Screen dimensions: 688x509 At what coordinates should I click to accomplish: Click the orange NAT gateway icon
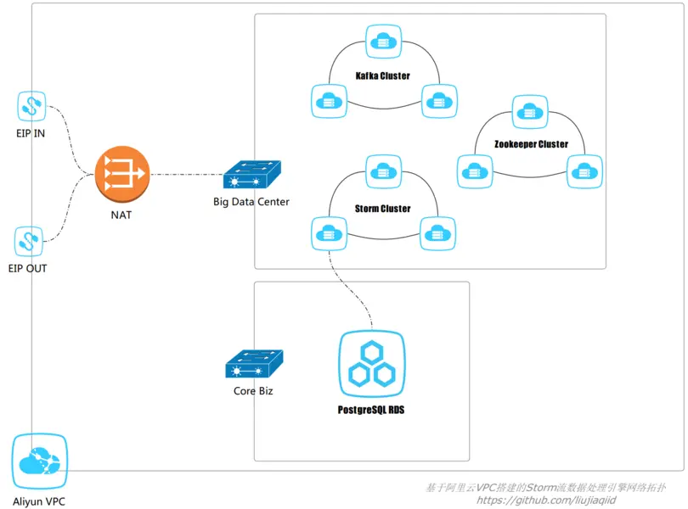pyautogui.click(x=122, y=174)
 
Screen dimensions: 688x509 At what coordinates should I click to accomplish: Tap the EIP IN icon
pyautogui.click(x=31, y=106)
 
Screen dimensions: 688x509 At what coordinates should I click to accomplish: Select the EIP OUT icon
pyautogui.click(x=29, y=241)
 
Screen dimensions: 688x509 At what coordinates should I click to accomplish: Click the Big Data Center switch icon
pyautogui.click(x=252, y=174)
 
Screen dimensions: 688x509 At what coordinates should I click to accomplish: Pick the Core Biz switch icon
pyautogui.click(x=254, y=363)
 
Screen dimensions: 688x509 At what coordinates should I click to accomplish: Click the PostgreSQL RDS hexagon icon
pyautogui.click(x=372, y=364)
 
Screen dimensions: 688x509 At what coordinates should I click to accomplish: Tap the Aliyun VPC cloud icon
pyautogui.click(x=39, y=461)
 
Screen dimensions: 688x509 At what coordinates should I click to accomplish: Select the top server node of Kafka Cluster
pyautogui.click(x=383, y=42)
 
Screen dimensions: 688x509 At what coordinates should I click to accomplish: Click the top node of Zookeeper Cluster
pyautogui.click(x=530, y=112)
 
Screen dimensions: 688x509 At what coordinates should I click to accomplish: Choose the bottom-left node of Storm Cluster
pyautogui.click(x=329, y=233)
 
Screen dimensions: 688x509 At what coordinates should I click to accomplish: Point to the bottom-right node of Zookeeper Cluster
pyautogui.click(x=584, y=171)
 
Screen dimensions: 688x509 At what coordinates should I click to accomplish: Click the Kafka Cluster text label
pyautogui.click(x=382, y=76)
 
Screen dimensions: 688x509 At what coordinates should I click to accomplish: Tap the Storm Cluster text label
pyautogui.click(x=382, y=209)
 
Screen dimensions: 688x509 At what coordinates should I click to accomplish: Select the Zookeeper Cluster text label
pyautogui.click(x=531, y=144)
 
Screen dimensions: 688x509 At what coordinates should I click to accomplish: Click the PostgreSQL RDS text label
pyautogui.click(x=371, y=410)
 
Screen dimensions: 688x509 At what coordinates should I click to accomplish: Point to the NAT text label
pyautogui.click(x=121, y=215)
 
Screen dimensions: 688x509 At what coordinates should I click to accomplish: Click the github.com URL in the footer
pyautogui.click(x=546, y=501)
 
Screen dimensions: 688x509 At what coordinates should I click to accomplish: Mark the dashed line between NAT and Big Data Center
pyautogui.click(x=187, y=175)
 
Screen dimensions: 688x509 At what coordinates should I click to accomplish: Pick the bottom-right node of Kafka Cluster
pyautogui.click(x=439, y=101)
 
